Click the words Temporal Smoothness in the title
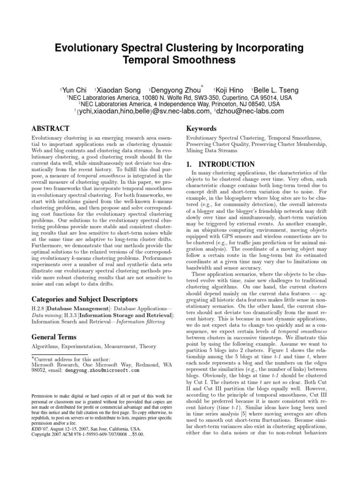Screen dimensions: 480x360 tap(180, 60)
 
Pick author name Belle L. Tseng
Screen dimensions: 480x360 tap(277, 90)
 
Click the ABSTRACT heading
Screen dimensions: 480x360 tap(50, 128)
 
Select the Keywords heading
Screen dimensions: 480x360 tap(202, 128)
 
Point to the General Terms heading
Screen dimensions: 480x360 tap(54, 337)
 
